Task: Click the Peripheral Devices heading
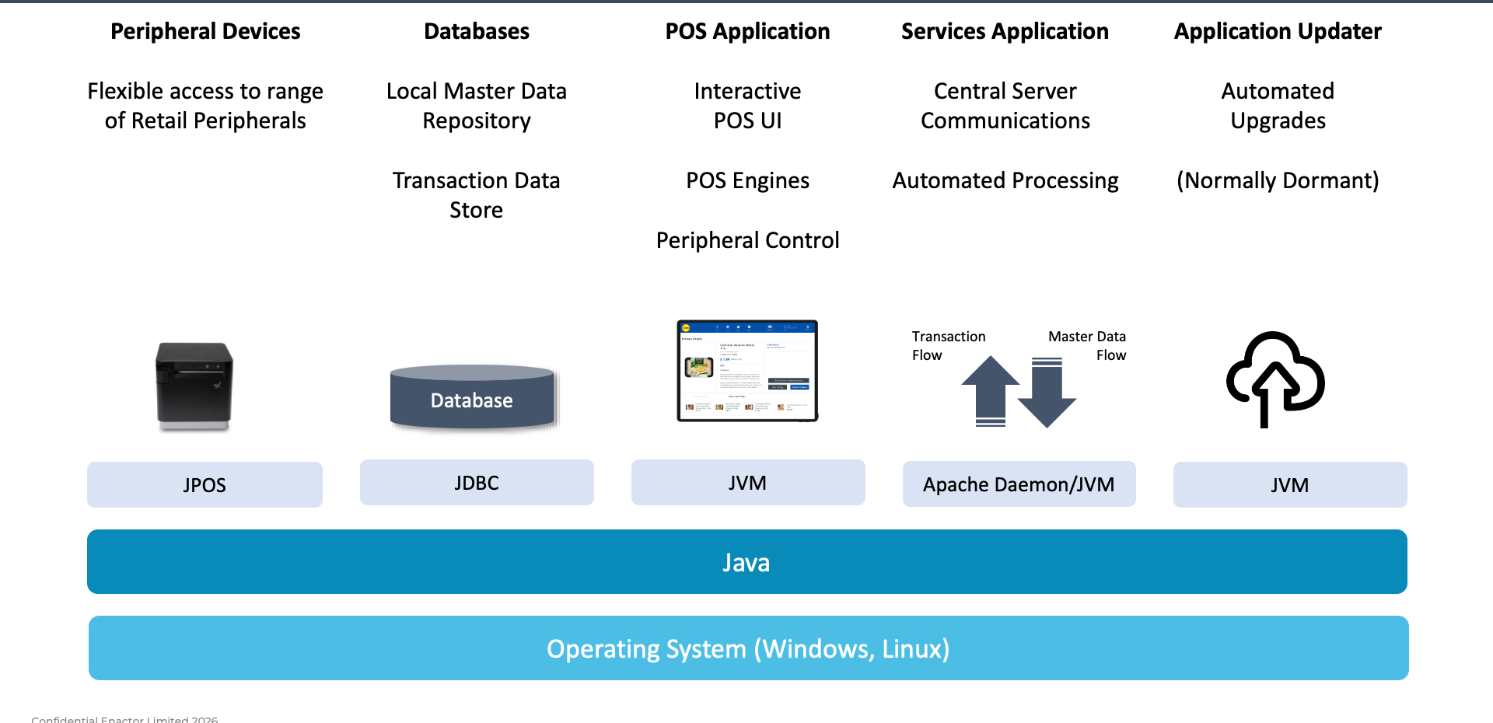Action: point(205,31)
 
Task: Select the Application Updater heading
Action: point(1278,31)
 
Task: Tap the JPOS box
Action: point(205,484)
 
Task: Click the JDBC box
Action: point(477,483)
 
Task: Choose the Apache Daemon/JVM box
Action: point(1019,484)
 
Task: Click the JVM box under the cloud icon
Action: point(1289,485)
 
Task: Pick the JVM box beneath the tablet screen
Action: point(747,483)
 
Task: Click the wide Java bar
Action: point(746,562)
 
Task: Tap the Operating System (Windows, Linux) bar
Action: point(748,648)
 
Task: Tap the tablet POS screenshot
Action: point(747,371)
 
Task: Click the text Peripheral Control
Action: point(747,240)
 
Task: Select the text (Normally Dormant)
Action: point(1278,180)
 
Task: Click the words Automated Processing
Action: point(1005,180)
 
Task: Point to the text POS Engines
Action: point(747,180)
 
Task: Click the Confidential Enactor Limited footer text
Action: point(124,719)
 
